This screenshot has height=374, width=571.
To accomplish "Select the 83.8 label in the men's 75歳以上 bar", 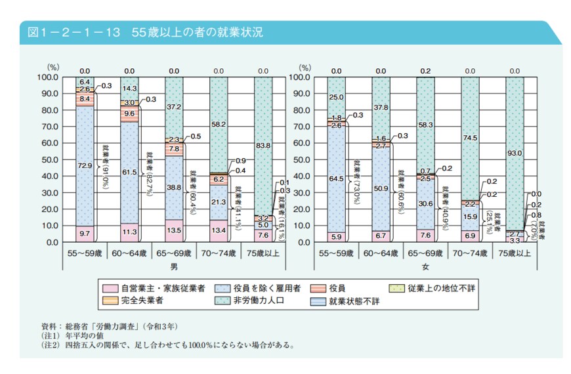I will click(x=263, y=146).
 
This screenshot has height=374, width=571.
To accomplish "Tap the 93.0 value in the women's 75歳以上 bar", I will click(x=515, y=154).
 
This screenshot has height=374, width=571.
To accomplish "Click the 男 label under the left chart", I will click(x=174, y=267).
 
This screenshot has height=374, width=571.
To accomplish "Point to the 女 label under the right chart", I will click(x=426, y=267).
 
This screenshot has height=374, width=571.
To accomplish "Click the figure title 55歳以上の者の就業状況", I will click(x=197, y=32).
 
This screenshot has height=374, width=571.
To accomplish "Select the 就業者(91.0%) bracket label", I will click(x=105, y=167).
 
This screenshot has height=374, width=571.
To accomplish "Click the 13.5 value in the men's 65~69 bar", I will click(x=174, y=231).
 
